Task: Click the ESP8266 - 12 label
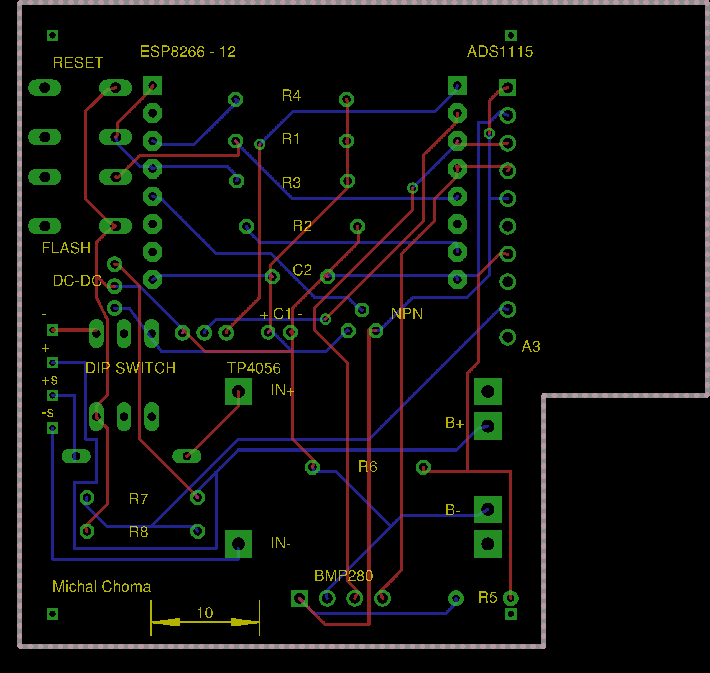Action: click(x=188, y=52)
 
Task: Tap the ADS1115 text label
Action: click(x=500, y=52)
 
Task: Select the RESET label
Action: click(x=78, y=63)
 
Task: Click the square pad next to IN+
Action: click(x=238, y=391)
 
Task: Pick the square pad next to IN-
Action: click(x=238, y=544)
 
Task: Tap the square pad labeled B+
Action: click(x=488, y=426)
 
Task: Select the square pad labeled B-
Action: click(x=488, y=509)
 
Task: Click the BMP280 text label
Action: click(x=344, y=576)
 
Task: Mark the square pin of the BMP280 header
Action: click(x=299, y=598)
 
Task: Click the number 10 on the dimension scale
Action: click(x=205, y=613)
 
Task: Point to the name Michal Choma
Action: click(x=101, y=587)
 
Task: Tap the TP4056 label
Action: click(x=254, y=368)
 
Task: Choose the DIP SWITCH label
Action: click(x=131, y=368)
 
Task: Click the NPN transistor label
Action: click(x=407, y=314)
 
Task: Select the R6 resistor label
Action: click(x=367, y=467)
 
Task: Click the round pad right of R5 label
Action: click(x=510, y=598)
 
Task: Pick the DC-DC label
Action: click(x=77, y=281)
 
